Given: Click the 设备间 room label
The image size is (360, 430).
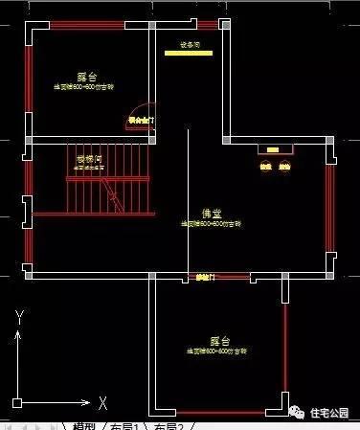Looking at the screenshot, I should (190, 44).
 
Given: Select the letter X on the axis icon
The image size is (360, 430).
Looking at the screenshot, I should (101, 401).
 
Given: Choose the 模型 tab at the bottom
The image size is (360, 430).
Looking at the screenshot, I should (84, 425).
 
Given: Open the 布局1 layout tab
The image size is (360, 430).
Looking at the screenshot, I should (126, 425).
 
